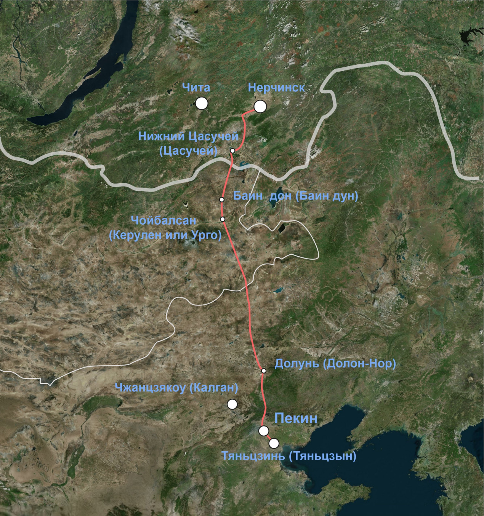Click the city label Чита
pyautogui.click(x=196, y=88)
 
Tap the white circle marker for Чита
pyautogui.click(x=201, y=103)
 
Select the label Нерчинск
pyautogui.click(x=276, y=88)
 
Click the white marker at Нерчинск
pyautogui.click(x=260, y=107)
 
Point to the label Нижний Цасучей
pyautogui.click(x=188, y=136)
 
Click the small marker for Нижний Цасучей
pyautogui.click(x=232, y=151)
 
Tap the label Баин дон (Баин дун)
pyautogui.click(x=295, y=196)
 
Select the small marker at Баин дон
pyautogui.click(x=221, y=200)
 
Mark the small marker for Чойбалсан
pyautogui.click(x=223, y=219)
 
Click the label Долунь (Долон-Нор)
pyautogui.click(x=335, y=364)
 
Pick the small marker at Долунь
pyautogui.click(x=263, y=371)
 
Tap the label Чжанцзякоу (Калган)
pyautogui.click(x=176, y=388)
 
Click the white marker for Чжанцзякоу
pyautogui.click(x=232, y=404)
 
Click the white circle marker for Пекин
pyautogui.click(x=263, y=431)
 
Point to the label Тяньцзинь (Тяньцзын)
pyautogui.click(x=289, y=456)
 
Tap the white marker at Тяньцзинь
pyautogui.click(x=274, y=443)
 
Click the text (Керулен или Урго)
pyautogui.click(x=165, y=235)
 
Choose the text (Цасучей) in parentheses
pyautogui.click(x=188, y=151)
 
